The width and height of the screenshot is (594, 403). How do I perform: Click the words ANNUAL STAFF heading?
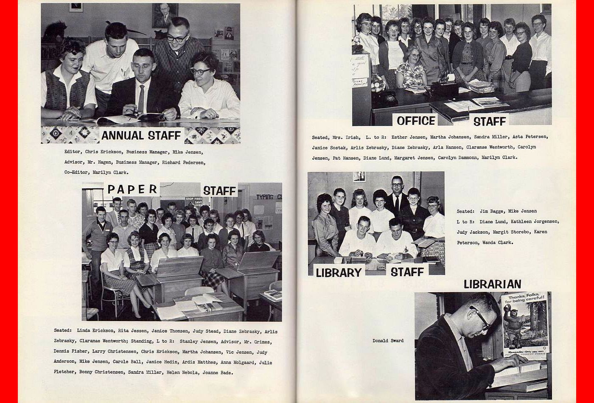pyautogui.click(x=141, y=136)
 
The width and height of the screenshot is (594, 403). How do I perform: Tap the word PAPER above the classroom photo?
pyautogui.click(x=132, y=189)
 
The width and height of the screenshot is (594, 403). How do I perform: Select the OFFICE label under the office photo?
pyautogui.click(x=416, y=121)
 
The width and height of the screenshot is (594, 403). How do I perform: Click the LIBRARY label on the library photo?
pyautogui.click(x=338, y=272)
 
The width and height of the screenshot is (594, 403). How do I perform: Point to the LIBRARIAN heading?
pyautogui.click(x=492, y=284)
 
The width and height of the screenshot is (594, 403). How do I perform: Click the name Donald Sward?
pyautogui.click(x=388, y=341)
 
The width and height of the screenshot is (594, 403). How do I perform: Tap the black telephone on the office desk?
pyautogui.click(x=384, y=100)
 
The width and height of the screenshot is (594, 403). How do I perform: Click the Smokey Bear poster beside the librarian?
pyautogui.click(x=524, y=325)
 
